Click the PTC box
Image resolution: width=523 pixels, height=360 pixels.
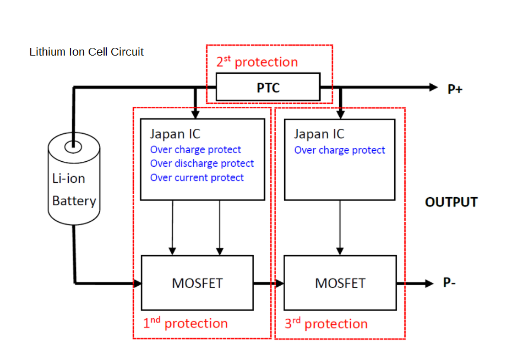click(x=268, y=88)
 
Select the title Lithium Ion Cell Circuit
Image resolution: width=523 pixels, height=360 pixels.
click(x=86, y=52)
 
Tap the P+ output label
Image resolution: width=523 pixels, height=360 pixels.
click(x=455, y=88)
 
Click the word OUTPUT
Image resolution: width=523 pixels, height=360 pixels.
click(x=451, y=202)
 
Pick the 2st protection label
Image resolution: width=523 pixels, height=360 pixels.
click(x=257, y=61)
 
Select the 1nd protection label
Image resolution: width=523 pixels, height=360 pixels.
click(x=185, y=323)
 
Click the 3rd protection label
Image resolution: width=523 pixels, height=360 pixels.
click(x=326, y=323)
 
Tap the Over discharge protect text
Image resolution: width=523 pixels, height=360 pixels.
click(x=202, y=163)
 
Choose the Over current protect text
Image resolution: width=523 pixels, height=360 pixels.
click(x=197, y=178)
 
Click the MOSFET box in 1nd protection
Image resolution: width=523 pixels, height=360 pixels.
click(x=197, y=283)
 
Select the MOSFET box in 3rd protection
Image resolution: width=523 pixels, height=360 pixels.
click(x=340, y=283)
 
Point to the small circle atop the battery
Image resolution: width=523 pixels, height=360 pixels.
click(x=72, y=147)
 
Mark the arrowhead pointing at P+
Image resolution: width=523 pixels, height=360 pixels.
click(x=432, y=87)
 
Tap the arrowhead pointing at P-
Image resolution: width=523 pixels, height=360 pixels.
click(x=429, y=283)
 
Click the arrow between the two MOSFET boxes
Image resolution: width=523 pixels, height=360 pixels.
click(x=277, y=283)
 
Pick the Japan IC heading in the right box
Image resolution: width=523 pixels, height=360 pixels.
click(x=319, y=134)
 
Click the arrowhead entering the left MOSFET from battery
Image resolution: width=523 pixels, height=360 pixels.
click(x=138, y=283)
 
